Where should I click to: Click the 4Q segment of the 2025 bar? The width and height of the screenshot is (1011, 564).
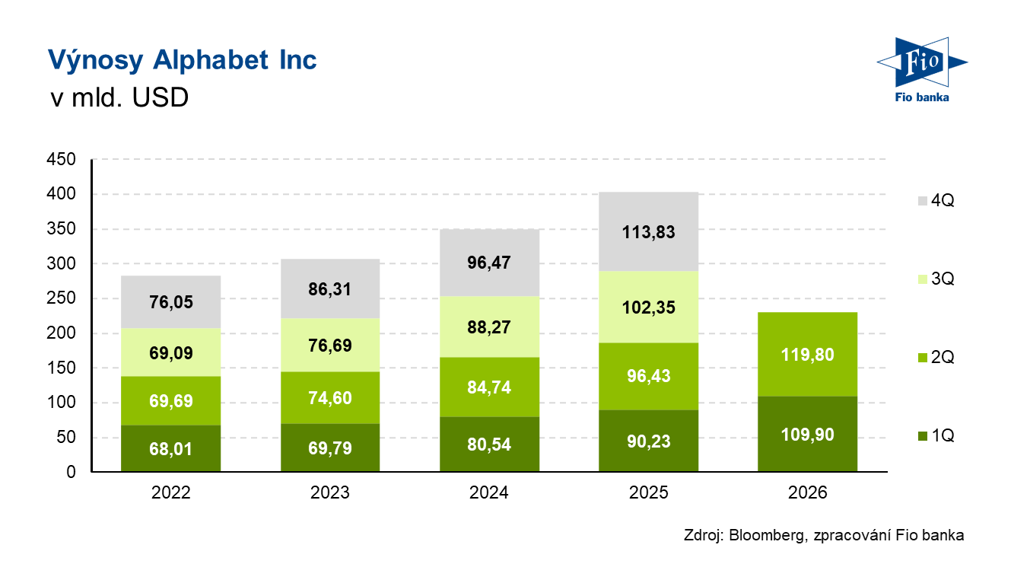tap(648, 231)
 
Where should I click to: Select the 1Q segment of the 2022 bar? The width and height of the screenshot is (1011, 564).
tap(170, 448)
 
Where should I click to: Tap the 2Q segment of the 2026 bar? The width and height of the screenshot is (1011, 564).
tap(807, 355)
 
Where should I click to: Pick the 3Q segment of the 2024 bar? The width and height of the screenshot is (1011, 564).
tap(489, 327)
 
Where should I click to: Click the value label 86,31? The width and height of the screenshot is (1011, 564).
tap(330, 289)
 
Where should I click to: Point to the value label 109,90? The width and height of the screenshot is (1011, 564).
tap(807, 435)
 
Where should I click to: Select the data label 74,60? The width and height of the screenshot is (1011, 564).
tap(330, 398)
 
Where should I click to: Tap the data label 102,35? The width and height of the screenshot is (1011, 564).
tap(649, 307)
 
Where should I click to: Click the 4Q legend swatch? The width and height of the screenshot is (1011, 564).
tap(923, 201)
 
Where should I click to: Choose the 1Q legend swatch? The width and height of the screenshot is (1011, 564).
tap(923, 436)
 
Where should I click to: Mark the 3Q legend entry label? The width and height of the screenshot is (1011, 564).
tap(943, 279)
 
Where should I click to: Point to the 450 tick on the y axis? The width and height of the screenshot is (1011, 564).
tap(61, 159)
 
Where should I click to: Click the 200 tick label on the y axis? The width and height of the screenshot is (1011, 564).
tap(61, 333)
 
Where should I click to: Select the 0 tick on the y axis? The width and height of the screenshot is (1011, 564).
tap(71, 472)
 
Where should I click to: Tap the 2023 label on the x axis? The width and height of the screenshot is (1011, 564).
tap(330, 492)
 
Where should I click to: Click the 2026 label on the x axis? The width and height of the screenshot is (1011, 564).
tap(807, 492)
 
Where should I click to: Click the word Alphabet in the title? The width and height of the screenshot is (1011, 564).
tap(211, 59)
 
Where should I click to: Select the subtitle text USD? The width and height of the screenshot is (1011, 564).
tap(161, 97)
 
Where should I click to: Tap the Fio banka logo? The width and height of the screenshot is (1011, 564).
tap(922, 69)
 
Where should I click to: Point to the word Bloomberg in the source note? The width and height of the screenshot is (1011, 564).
tap(766, 535)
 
